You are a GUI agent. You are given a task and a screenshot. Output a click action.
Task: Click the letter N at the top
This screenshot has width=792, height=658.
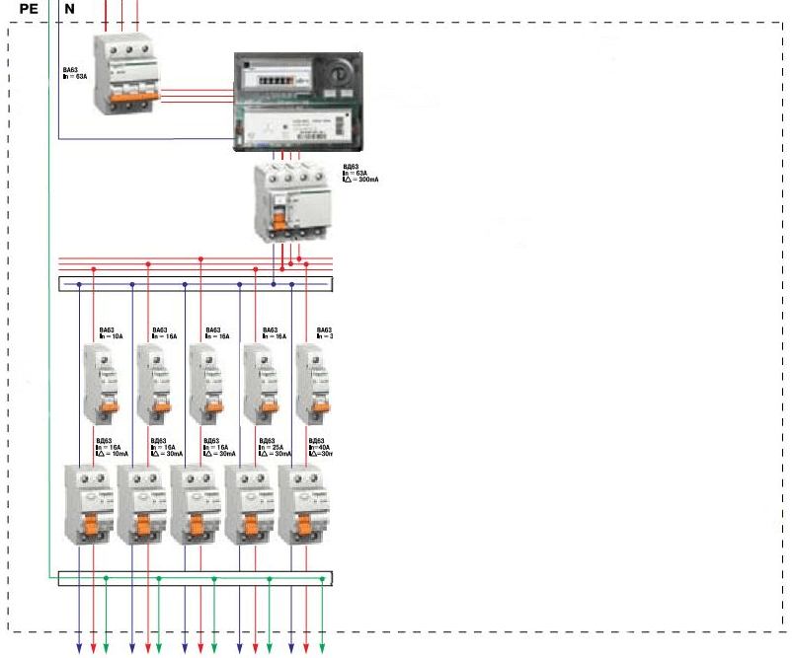[69, 9]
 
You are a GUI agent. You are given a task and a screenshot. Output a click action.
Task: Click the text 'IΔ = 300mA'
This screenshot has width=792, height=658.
[361, 180]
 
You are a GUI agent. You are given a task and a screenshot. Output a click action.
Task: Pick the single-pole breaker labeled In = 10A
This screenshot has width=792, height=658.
[102, 383]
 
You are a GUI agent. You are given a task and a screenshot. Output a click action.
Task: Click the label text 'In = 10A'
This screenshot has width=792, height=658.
[111, 336]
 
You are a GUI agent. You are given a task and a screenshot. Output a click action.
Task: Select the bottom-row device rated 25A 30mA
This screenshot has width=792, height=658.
[250, 503]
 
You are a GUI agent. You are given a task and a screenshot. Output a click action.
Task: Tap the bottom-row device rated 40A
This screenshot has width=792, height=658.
[303, 503]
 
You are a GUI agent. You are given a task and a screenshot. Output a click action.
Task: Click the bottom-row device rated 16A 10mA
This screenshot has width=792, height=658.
[89, 503]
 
